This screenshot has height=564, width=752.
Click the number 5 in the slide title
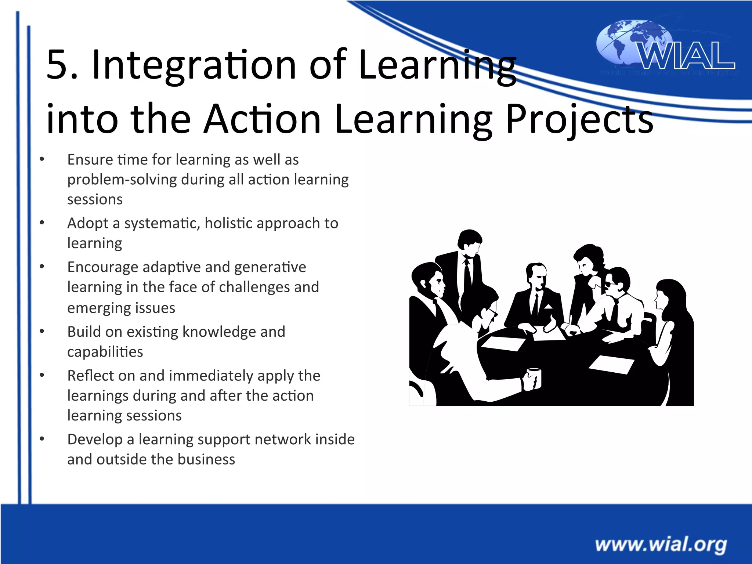pos(57,65)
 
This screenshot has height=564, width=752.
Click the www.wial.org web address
pos(661,544)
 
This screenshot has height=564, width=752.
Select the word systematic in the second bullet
pos(162,224)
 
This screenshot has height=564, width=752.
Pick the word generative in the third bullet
pos(270,267)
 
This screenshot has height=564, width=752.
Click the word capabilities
pos(105,352)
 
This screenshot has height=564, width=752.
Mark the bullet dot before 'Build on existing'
pos(42,332)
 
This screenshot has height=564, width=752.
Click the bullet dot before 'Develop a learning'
pos(42,439)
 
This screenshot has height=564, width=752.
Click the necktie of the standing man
pos(467,275)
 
